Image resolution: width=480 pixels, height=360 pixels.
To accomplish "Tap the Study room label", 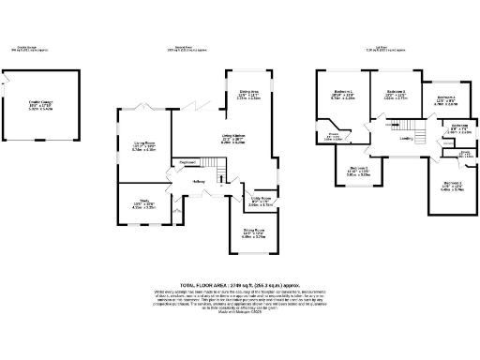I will pyautogui.click(x=143, y=201).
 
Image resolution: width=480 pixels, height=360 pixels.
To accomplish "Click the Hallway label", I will pyautogui.click(x=199, y=181).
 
